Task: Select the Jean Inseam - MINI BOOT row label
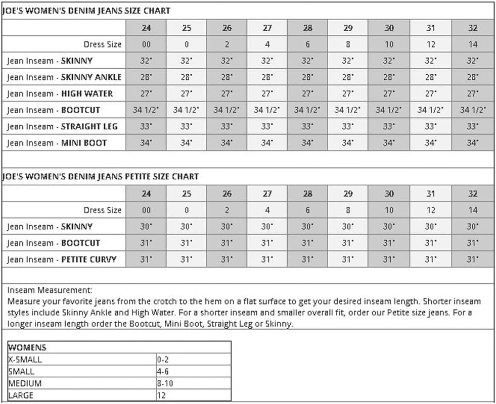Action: point(57,143)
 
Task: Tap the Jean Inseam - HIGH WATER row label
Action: point(60,94)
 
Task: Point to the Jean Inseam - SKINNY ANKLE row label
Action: point(64,77)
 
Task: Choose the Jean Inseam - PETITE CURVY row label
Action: point(62,260)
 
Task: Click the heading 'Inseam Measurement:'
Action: point(50,290)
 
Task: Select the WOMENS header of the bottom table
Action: point(27,348)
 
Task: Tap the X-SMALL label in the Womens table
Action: point(25,360)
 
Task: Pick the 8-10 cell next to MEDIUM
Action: point(165,384)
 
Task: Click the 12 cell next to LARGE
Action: point(161,396)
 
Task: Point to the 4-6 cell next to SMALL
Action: point(162,372)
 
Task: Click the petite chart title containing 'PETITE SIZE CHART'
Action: point(101,177)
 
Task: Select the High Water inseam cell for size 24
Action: point(146,94)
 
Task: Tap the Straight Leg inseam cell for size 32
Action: point(472,127)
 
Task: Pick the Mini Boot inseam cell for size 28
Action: point(307,143)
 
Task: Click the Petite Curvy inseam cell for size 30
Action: point(389,260)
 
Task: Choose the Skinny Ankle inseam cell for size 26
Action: point(227,77)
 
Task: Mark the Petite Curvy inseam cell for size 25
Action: point(187,260)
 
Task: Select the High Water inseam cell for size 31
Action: point(430,94)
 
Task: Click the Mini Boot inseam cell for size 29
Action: point(347,143)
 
